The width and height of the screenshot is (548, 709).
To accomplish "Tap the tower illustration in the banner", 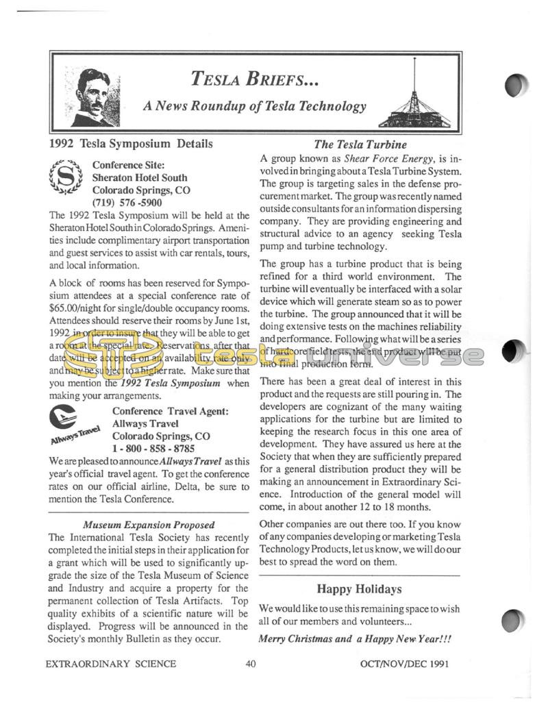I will coord(414,103).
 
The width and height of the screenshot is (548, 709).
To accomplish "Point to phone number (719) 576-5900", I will coord(127,203).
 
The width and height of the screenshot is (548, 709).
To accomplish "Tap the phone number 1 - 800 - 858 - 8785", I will coord(153,449).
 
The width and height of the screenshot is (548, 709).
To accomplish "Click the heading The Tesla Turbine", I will coord(360,145).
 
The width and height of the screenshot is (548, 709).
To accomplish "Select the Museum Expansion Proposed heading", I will coord(149,525).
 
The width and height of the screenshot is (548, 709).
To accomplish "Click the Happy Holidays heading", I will coord(359,588).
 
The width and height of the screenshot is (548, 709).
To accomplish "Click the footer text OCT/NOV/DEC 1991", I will coord(410,663).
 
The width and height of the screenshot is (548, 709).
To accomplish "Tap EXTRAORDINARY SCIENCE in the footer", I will coord(110,663).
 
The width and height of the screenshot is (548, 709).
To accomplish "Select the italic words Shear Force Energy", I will coord(390,158).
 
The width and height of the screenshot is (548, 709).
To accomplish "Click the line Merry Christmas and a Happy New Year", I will coord(355,638).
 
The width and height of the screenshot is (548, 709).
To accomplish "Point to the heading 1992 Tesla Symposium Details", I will coord(131,144).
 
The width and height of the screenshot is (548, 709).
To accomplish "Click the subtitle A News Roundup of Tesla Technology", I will coord(254,106).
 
